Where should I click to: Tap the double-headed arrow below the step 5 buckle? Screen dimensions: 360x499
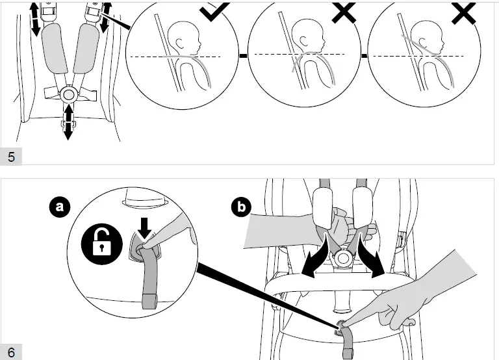tap(68, 122)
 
